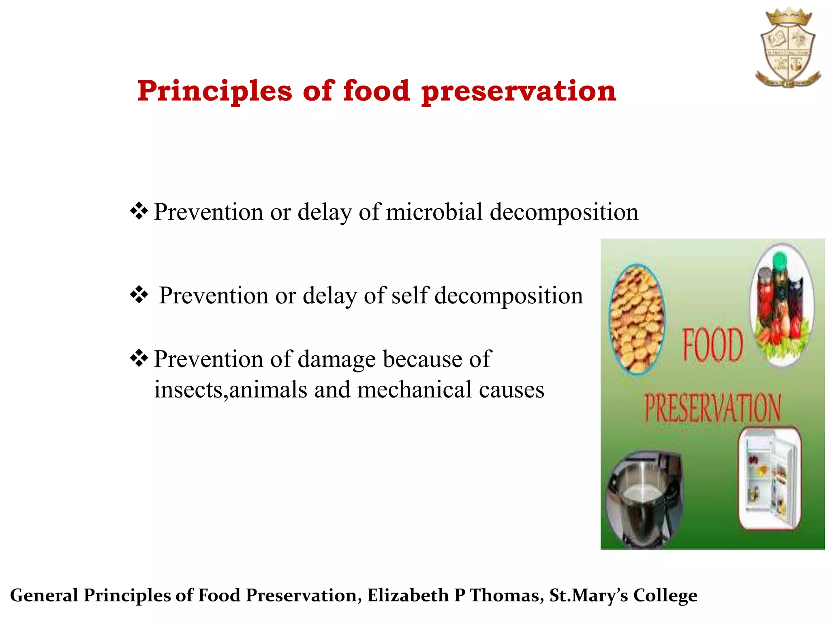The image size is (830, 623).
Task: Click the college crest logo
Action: [787, 48]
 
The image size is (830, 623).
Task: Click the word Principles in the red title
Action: [214, 91]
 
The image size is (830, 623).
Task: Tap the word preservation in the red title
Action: [519, 91]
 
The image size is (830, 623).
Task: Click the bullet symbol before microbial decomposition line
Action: [139, 211]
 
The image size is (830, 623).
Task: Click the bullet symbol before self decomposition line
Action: [139, 295]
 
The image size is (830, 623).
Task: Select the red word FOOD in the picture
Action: [713, 345]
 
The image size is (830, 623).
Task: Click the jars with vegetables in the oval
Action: [781, 305]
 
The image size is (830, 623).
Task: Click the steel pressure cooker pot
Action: [644, 499]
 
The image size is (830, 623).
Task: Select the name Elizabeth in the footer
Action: [409, 595]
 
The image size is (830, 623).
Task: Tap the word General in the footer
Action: [44, 595]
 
